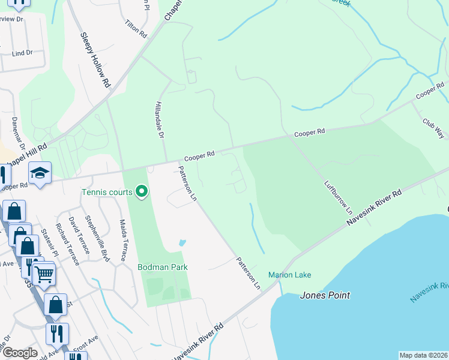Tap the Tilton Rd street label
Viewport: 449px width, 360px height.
pos(136,28)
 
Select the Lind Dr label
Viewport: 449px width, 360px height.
pos(22,53)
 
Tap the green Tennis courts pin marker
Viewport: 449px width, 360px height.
pos(142,191)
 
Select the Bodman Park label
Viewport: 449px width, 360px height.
pos(163,267)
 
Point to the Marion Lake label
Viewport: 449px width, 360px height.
pos(289,275)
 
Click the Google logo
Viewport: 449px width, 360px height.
pos(19,353)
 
